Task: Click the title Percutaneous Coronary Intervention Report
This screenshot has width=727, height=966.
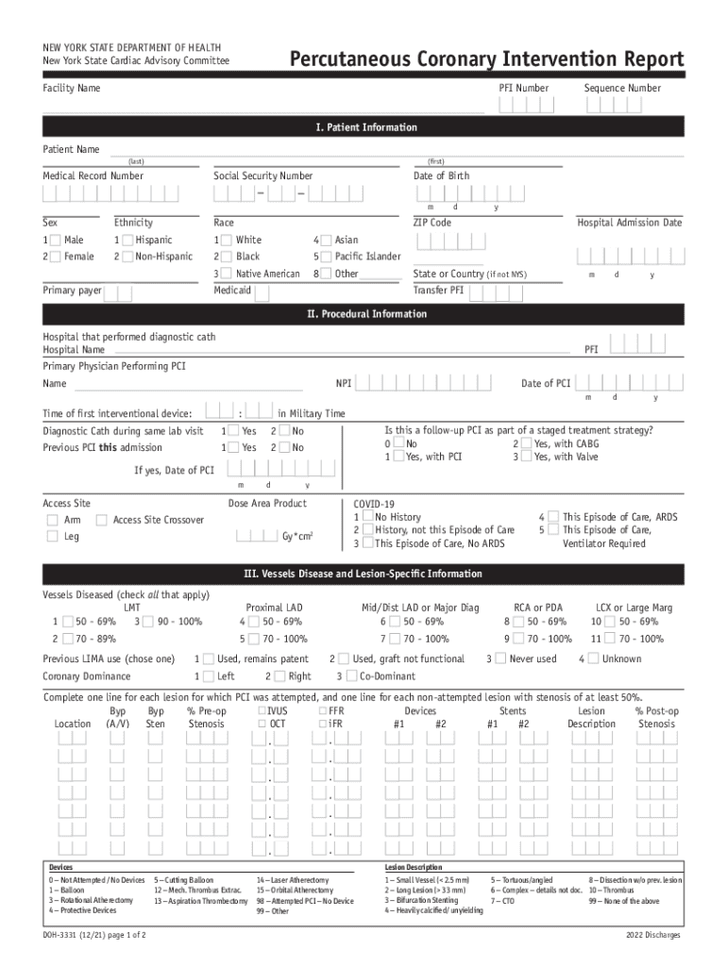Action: pyautogui.click(x=486, y=60)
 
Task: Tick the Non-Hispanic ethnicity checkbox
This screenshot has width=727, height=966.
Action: pyautogui.click(x=125, y=257)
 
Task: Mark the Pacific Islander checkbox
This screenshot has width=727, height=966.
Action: pyautogui.click(x=324, y=257)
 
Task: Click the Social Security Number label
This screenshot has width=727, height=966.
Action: pyautogui.click(x=262, y=176)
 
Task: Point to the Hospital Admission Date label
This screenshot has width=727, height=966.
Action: pyautogui.click(x=629, y=223)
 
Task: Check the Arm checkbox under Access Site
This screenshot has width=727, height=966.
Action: pyautogui.click(x=52, y=520)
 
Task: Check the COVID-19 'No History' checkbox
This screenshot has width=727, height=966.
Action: pyautogui.click(x=368, y=517)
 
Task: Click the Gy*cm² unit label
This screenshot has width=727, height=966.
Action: pyautogui.click(x=297, y=537)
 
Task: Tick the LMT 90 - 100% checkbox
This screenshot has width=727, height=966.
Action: pyautogui.click(x=149, y=622)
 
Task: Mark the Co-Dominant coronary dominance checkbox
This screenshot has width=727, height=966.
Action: pyautogui.click(x=350, y=676)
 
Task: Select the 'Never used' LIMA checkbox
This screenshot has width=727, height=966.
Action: pyautogui.click(x=499, y=658)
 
